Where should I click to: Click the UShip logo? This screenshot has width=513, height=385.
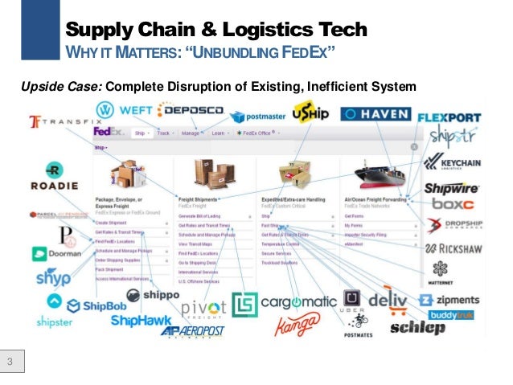(x=310, y=113)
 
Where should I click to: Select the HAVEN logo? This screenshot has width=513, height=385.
(x=375, y=114)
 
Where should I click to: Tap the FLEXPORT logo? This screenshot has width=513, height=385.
(x=449, y=117)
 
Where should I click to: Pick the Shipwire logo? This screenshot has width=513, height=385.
(x=451, y=189)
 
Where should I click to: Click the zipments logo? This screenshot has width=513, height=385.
(x=454, y=300)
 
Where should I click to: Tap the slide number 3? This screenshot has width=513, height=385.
(x=12, y=359)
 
